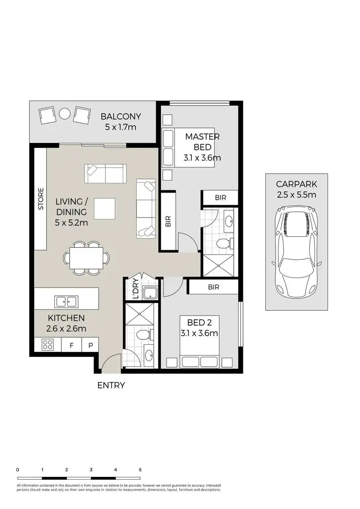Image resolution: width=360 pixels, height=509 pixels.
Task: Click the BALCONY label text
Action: [x=120, y=116]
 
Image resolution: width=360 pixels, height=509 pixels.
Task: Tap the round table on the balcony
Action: [x=65, y=114]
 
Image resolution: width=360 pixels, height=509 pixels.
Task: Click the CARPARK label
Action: [x=296, y=184]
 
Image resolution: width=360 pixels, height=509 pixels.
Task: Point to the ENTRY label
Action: [x=111, y=385]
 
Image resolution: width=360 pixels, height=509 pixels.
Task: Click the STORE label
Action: [x=41, y=199]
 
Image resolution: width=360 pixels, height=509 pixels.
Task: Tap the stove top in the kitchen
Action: [x=48, y=344]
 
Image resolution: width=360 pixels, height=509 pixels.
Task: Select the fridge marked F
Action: [x=72, y=345]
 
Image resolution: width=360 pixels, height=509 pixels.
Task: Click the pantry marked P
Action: [x=90, y=345]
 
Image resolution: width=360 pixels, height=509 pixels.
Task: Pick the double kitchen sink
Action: [x=67, y=302]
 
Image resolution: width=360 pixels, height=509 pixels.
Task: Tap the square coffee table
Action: [x=105, y=209]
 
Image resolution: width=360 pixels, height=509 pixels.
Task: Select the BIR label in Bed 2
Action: [x=214, y=287]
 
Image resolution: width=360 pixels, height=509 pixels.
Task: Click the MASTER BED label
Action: [x=203, y=142]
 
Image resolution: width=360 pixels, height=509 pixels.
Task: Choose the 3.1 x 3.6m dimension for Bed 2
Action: [x=200, y=333]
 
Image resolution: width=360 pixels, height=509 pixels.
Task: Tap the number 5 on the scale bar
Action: [x=140, y=470]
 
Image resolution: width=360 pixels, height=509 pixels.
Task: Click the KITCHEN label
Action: [x=66, y=318]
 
